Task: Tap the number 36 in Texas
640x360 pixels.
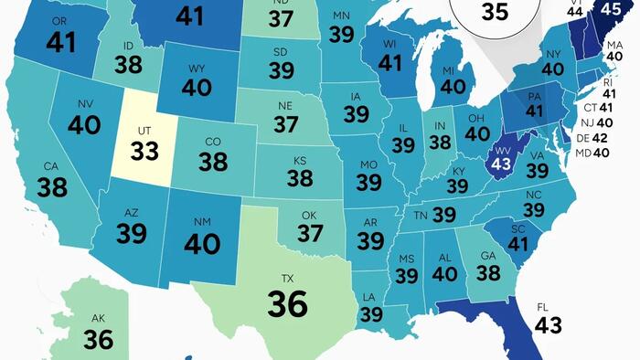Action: pyautogui.click(x=287, y=303)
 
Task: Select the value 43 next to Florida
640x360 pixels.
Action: pyautogui.click(x=548, y=324)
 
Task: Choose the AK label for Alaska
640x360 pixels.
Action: pyautogui.click(x=98, y=318)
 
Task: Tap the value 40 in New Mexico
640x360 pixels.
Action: pyautogui.click(x=202, y=243)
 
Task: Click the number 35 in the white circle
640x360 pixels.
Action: pyautogui.click(x=495, y=12)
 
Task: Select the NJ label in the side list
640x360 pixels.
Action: pyautogui.click(x=590, y=122)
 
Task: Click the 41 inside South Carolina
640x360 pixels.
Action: pyautogui.click(x=518, y=244)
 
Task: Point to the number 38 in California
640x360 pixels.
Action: pyautogui.click(x=51, y=187)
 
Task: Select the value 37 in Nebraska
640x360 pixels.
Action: pyautogui.click(x=286, y=123)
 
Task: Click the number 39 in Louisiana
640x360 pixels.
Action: pyautogui.click(x=371, y=313)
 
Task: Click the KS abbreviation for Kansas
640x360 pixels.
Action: pyautogui.click(x=300, y=161)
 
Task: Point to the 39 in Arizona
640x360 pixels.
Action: pyautogui.click(x=132, y=233)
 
